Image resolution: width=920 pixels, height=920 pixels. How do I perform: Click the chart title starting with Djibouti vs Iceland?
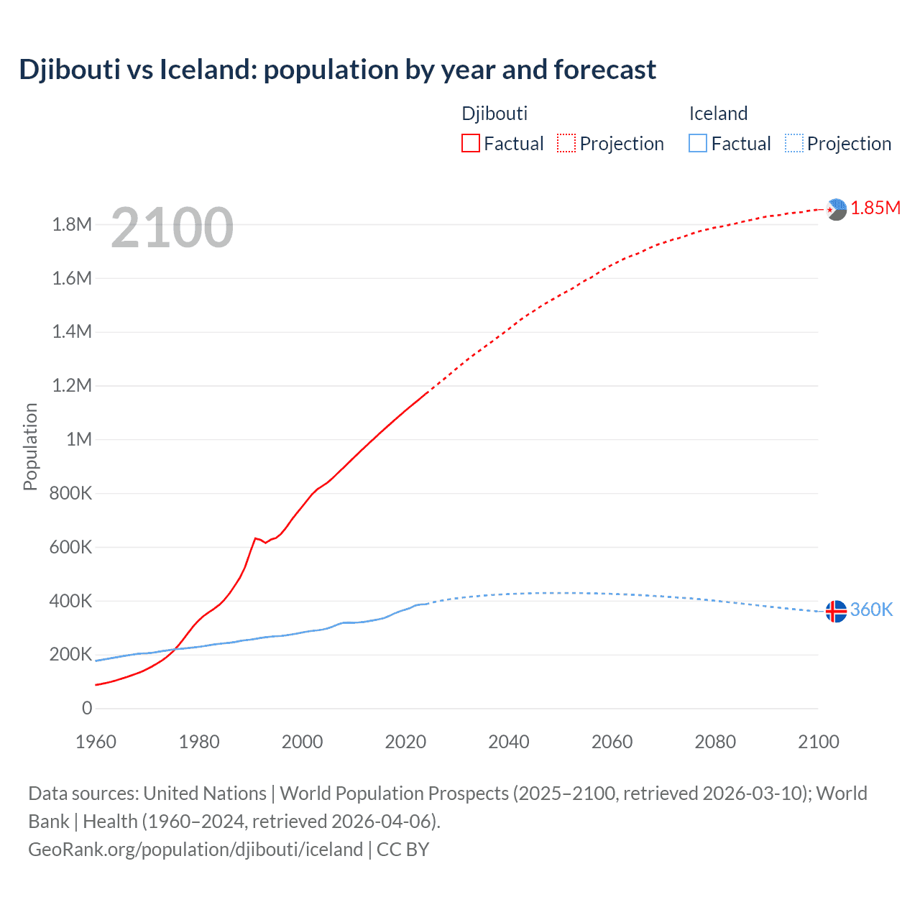(337, 70)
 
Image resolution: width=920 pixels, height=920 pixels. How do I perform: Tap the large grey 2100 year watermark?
(172, 228)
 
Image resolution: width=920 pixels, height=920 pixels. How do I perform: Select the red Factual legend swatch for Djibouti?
(471, 143)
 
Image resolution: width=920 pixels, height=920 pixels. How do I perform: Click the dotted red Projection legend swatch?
(566, 143)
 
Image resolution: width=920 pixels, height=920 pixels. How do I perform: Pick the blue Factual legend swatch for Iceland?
(698, 143)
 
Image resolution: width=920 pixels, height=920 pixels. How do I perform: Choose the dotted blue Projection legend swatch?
(793, 143)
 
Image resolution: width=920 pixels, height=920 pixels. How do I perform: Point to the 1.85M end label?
(875, 208)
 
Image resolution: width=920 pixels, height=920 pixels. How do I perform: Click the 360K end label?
(871, 609)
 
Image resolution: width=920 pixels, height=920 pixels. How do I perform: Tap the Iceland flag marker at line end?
(836, 611)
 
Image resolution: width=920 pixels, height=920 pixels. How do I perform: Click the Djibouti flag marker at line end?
(837, 209)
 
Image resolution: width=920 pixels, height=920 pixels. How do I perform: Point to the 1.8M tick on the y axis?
(72, 224)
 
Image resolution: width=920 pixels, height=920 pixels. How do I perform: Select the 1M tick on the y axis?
(79, 439)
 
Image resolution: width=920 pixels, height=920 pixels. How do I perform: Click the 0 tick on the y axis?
(87, 708)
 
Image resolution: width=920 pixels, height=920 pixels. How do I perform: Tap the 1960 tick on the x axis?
(96, 742)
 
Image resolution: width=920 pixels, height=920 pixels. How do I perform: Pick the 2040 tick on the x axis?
(509, 742)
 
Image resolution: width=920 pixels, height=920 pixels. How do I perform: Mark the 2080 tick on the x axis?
(715, 742)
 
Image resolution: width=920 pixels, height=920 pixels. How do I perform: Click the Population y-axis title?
(30, 446)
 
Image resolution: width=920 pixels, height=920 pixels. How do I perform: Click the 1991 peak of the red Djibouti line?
(255, 538)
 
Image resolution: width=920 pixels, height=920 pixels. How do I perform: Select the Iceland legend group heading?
(718, 114)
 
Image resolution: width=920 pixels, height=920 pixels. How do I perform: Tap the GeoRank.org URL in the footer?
(195, 850)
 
